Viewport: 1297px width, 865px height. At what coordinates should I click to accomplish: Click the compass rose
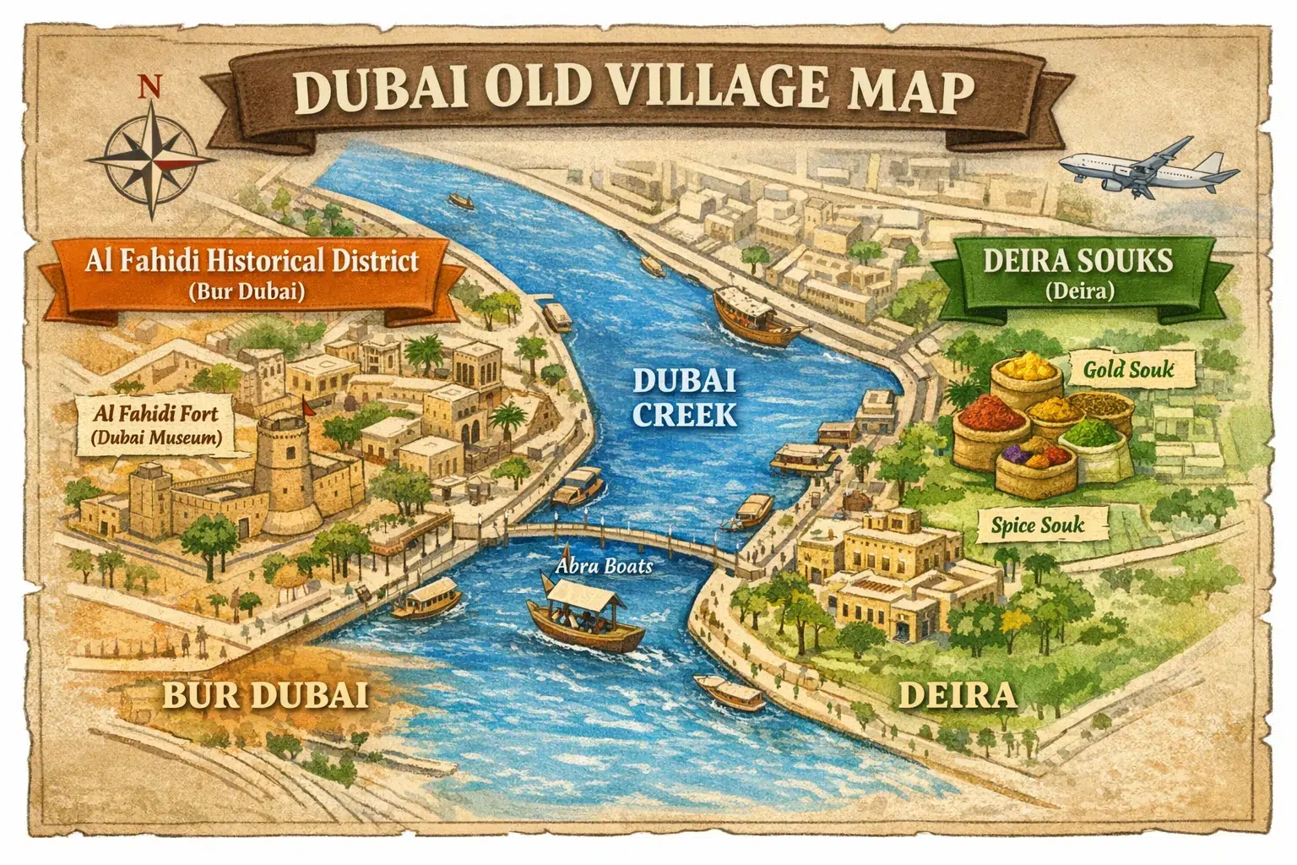pos(153,158)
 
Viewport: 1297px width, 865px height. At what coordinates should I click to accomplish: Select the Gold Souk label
pos(1127,369)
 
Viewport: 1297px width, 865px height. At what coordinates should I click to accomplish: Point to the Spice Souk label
pos(1037,525)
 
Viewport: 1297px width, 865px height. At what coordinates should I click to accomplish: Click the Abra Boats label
pos(605,566)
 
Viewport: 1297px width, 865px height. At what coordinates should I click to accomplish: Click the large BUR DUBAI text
pos(264,695)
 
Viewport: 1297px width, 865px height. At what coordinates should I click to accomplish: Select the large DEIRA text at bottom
pos(956,695)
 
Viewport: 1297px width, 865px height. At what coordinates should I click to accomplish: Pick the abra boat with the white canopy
pos(584,620)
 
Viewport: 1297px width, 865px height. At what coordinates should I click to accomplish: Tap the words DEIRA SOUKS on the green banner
pos(1077,261)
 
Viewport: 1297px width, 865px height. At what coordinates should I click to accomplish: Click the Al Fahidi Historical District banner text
pos(252,260)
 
